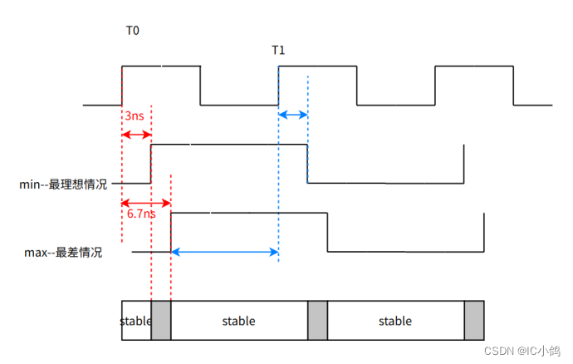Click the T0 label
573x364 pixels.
(133, 30)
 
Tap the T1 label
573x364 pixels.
(279, 51)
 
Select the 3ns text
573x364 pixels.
(135, 116)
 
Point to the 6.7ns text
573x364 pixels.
(140, 214)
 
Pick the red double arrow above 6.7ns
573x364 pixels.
(146, 202)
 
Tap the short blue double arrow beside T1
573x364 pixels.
(293, 115)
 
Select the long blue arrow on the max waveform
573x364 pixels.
(224, 252)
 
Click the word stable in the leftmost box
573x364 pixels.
(135, 321)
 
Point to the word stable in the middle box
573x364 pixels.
(239, 321)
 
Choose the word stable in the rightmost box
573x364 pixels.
(395, 321)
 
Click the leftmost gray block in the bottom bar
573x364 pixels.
(161, 321)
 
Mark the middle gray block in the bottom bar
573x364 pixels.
(318, 321)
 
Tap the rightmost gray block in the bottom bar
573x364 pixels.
(474, 321)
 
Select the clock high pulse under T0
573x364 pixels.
(161, 66)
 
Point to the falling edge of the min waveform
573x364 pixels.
(308, 164)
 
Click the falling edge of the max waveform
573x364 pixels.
(328, 232)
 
